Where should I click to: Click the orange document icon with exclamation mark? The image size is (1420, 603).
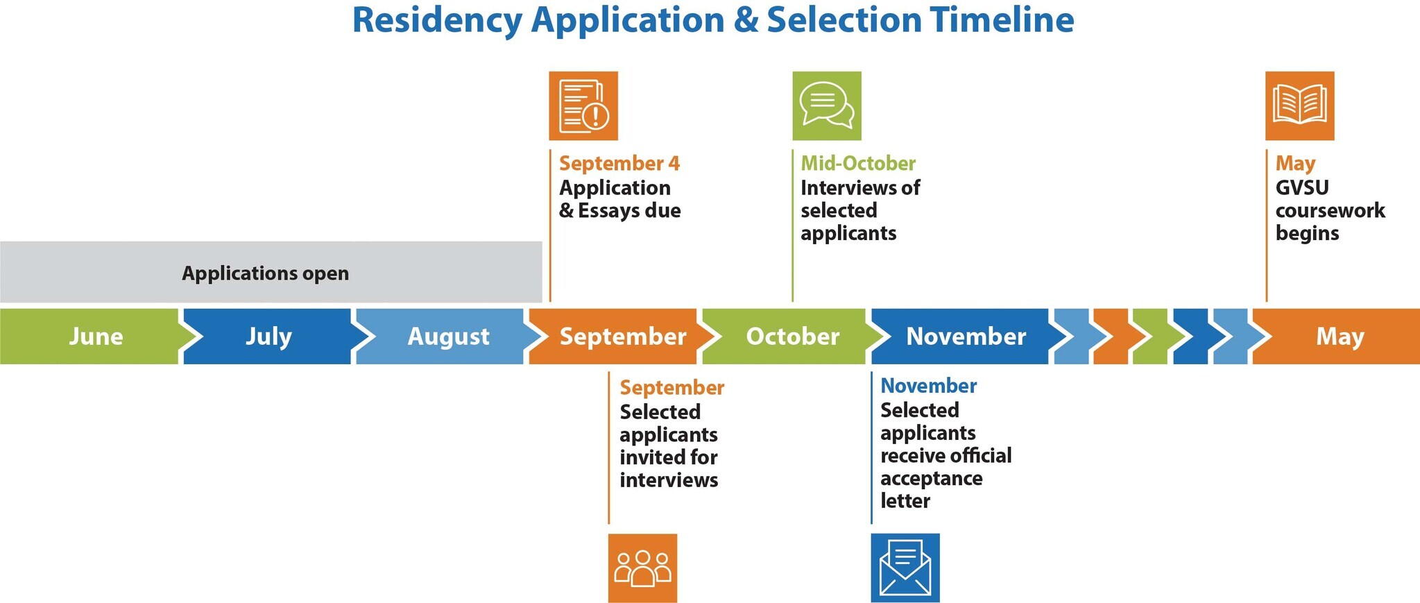coord(583,106)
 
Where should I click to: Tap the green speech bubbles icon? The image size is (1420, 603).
coord(827,106)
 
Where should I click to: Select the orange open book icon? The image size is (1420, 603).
coord(1300,106)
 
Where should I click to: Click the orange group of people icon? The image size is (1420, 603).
coord(642,568)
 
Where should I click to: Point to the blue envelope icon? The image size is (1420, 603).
coord(905,568)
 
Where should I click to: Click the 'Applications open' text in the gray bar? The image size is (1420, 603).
coord(265,273)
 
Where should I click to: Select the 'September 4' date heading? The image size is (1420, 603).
coord(619,163)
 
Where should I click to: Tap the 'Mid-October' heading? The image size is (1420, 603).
coord(858,163)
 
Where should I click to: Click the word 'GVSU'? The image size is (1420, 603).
coord(1302,187)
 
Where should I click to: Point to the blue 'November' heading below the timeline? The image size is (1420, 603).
coord(928,386)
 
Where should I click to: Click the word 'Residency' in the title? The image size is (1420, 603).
coord(437,21)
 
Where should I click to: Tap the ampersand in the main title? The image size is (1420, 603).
coord(746,20)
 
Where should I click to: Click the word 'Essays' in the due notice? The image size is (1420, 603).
coord(608,211)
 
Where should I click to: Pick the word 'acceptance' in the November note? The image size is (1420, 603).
coord(931,479)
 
